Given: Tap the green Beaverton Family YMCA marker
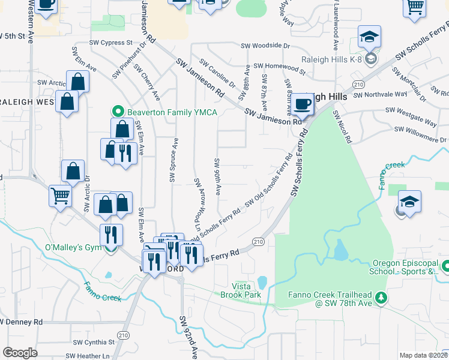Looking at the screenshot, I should coord(118,112).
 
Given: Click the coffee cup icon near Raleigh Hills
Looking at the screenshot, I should coord(303,104).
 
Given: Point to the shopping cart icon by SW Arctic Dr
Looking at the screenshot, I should coord(60,195).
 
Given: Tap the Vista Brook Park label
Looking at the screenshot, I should coord(247,291).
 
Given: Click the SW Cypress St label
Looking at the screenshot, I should coord(110,43).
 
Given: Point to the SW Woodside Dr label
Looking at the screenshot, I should coord(265,46).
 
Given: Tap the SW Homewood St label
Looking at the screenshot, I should coord(279,66).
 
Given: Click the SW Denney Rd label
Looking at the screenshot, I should coord(22,322).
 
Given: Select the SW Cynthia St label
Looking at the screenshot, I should coord(94,342).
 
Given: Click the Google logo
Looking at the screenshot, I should coord(20,353).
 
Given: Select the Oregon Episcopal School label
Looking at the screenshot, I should coord(406,267).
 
